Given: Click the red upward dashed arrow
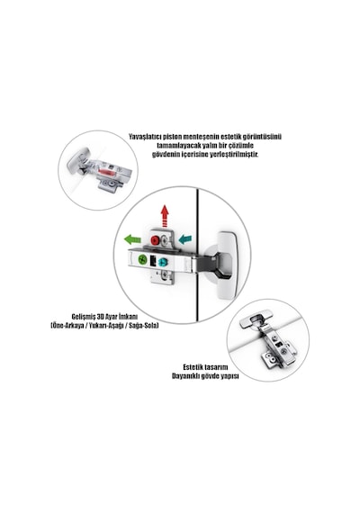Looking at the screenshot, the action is [165, 216].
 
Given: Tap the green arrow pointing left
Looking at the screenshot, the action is [132, 239].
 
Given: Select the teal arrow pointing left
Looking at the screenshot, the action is [184, 239].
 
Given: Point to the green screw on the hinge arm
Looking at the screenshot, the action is [142, 260].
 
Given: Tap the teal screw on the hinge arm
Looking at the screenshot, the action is [162, 262].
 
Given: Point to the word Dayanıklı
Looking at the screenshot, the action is [184, 376].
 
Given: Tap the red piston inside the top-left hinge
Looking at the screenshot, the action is [105, 171].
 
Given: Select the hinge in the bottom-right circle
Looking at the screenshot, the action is [268, 337].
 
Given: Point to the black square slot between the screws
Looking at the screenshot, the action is [152, 261].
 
